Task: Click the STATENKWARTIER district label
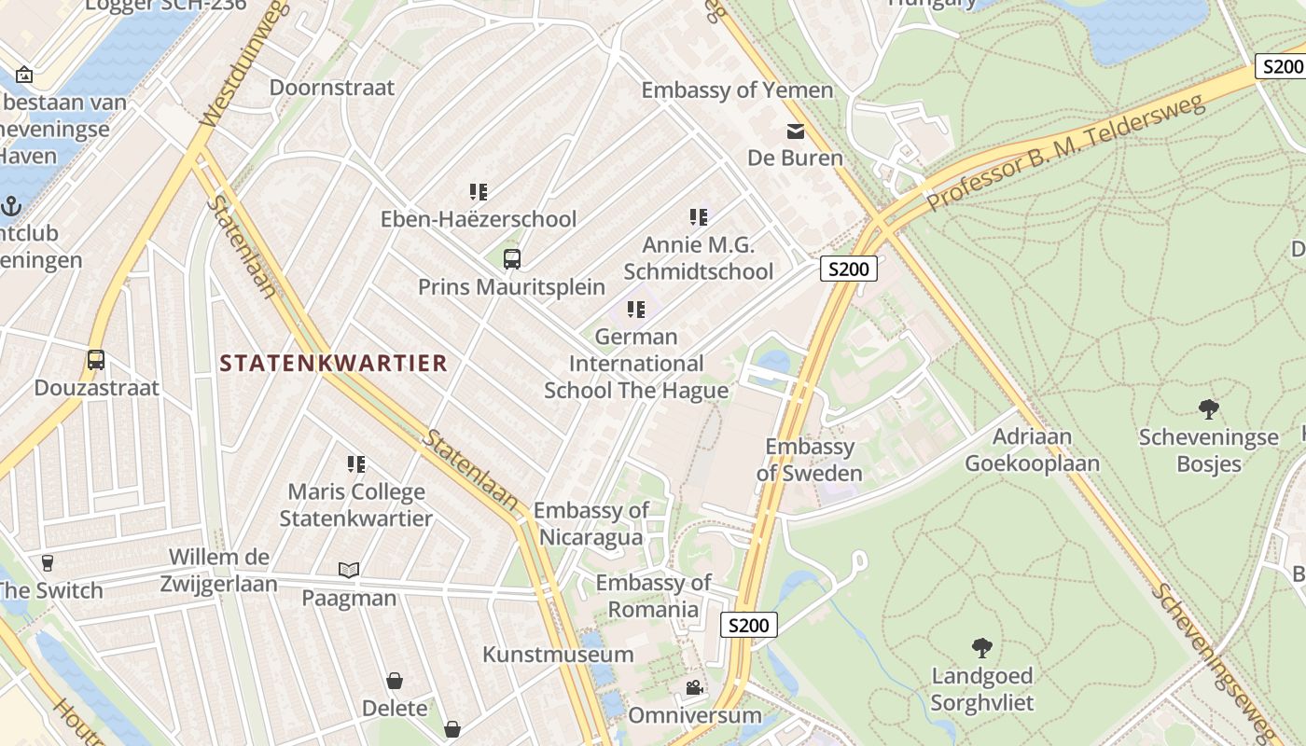point(334,364)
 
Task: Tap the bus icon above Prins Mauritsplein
point(511,259)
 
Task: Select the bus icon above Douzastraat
point(95,360)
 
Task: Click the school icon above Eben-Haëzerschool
point(479,192)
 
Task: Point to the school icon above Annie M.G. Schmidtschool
point(698,217)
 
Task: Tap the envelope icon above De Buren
point(795,131)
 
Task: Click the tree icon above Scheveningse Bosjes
point(1208,408)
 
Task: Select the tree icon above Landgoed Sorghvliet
point(981,647)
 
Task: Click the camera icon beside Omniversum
point(694,688)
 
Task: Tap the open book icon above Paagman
point(349,570)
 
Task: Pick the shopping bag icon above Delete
point(395,682)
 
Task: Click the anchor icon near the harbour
point(11,206)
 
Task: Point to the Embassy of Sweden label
point(809,460)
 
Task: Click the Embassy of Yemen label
point(737,90)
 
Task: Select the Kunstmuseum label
point(558,655)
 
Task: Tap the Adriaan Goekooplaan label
point(1032,449)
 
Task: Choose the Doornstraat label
point(332,88)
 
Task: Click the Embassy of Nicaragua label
point(590,524)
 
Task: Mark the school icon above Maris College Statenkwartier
point(356,463)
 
